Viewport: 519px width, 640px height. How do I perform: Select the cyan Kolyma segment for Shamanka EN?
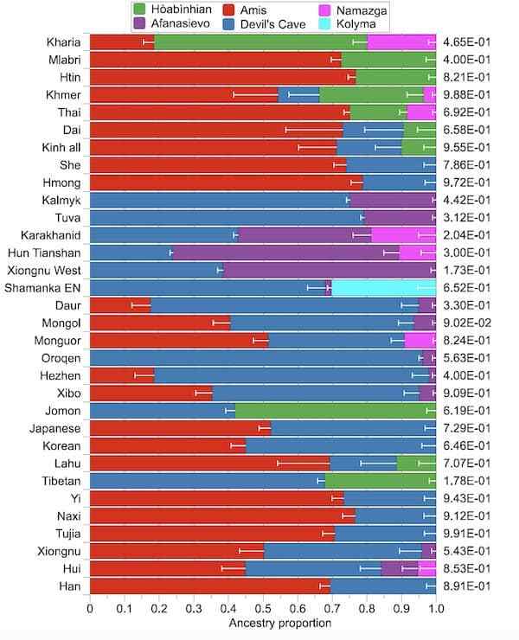384,288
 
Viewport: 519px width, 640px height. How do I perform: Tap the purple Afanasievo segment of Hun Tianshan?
285,253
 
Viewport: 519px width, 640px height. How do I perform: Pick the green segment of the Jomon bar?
336,411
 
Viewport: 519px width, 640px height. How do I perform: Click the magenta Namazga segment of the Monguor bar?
420,341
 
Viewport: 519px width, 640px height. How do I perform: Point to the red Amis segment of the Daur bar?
120,305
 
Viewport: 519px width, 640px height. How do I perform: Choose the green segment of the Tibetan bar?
381,481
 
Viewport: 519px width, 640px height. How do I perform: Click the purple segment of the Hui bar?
400,568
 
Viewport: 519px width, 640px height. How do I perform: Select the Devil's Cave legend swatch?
228,23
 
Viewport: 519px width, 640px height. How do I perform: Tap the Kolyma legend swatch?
324,23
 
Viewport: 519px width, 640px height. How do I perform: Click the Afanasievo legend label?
181,23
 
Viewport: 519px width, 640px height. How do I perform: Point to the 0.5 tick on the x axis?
263,597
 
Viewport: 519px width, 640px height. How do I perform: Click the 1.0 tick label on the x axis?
436,609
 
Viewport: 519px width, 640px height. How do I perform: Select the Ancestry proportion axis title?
279,623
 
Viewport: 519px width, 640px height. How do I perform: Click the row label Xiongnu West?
44,270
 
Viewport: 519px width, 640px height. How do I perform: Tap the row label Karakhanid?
51,235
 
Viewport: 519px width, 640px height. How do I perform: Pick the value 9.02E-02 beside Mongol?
467,323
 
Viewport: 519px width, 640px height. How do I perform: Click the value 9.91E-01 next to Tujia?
467,534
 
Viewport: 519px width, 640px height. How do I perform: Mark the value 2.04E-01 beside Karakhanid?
467,235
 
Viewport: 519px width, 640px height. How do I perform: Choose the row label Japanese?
54,429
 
